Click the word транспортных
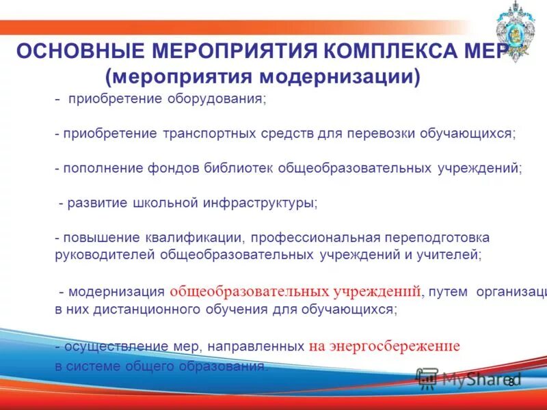pyautogui.click(x=209, y=133)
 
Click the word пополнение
pyautogui.click(x=103, y=167)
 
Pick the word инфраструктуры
pyautogui.click(x=261, y=203)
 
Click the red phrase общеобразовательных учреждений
pyautogui.click(x=295, y=291)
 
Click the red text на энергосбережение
pyautogui.click(x=384, y=346)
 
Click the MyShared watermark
pyautogui.click(x=472, y=378)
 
